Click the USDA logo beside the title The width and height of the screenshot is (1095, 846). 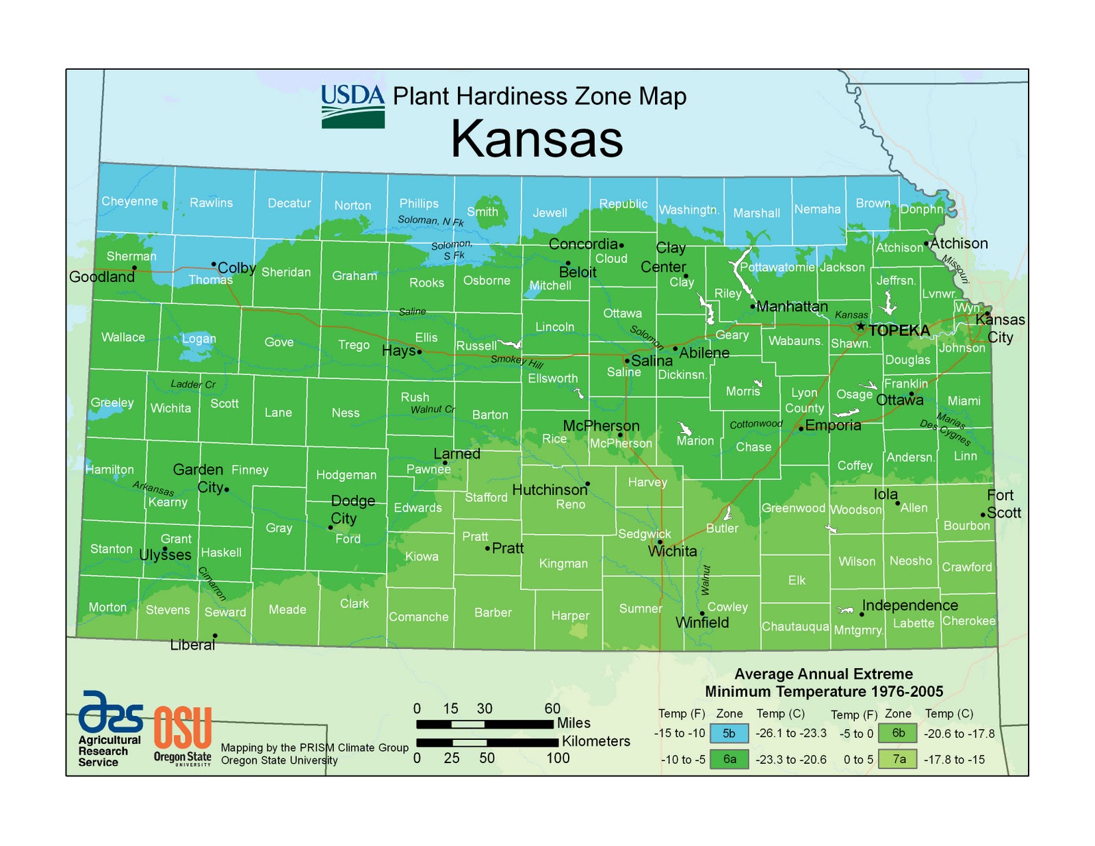tap(353, 105)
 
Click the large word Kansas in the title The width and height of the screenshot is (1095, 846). tap(537, 139)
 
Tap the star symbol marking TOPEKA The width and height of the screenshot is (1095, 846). tap(861, 326)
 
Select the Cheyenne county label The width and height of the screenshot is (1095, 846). tap(129, 201)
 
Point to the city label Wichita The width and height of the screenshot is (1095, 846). tap(672, 552)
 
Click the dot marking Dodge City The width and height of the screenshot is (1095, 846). tap(331, 528)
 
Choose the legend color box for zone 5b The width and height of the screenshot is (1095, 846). tap(729, 734)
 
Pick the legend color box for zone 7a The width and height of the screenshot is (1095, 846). tap(898, 759)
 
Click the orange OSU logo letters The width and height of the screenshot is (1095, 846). tap(182, 728)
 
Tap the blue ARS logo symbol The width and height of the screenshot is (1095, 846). tap(110, 712)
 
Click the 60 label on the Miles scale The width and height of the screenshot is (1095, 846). tap(552, 708)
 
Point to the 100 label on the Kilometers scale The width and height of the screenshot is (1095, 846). tap(558, 758)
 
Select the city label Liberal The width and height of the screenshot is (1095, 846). tap(192, 645)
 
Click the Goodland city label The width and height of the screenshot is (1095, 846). tap(102, 277)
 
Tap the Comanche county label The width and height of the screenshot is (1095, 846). tap(418, 617)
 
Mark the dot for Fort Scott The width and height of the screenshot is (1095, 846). tap(983, 515)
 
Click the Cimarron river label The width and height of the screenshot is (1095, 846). tap(211, 583)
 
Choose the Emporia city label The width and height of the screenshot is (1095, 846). tap(833, 425)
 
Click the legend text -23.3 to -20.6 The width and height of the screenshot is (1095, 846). tap(790, 759)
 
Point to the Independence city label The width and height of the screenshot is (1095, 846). tap(910, 605)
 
